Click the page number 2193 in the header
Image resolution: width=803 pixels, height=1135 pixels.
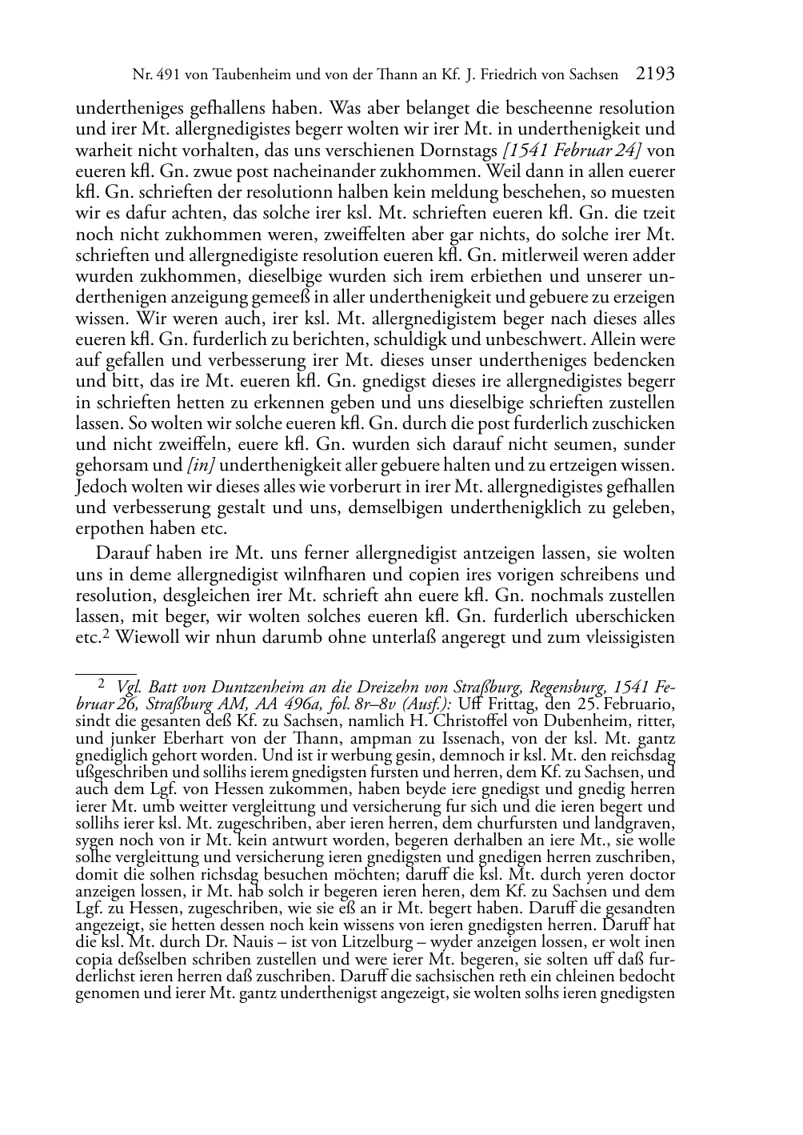pyautogui.click(x=655, y=74)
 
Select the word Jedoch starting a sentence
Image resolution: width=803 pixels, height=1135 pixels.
pyautogui.click(x=99, y=487)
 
